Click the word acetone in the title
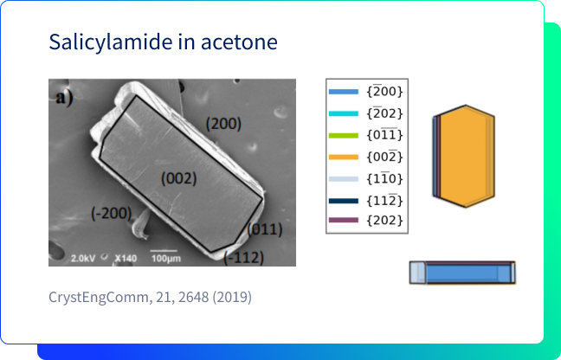pyautogui.click(x=239, y=42)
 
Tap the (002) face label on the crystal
pyautogui.click(x=179, y=179)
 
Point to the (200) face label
pyautogui.click(x=223, y=124)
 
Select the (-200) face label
pyautogui.click(x=112, y=214)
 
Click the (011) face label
pyautogui.click(x=265, y=229)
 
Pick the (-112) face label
pyautogui.click(x=243, y=257)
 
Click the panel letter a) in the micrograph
pyautogui.click(x=65, y=98)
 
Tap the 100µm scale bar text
pyautogui.click(x=165, y=258)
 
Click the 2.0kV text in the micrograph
pyautogui.click(x=83, y=258)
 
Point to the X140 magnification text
pyautogui.click(x=126, y=258)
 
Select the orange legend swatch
pyautogui.click(x=344, y=157)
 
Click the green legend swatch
pyautogui.click(x=344, y=136)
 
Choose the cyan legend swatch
pyautogui.click(x=344, y=113)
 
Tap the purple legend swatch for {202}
pyautogui.click(x=344, y=220)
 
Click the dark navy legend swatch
pyautogui.click(x=344, y=201)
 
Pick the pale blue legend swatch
pyautogui.click(x=344, y=179)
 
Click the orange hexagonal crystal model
pyautogui.click(x=464, y=156)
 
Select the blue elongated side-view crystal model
pyautogui.click(x=462, y=273)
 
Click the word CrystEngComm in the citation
pyautogui.click(x=97, y=298)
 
